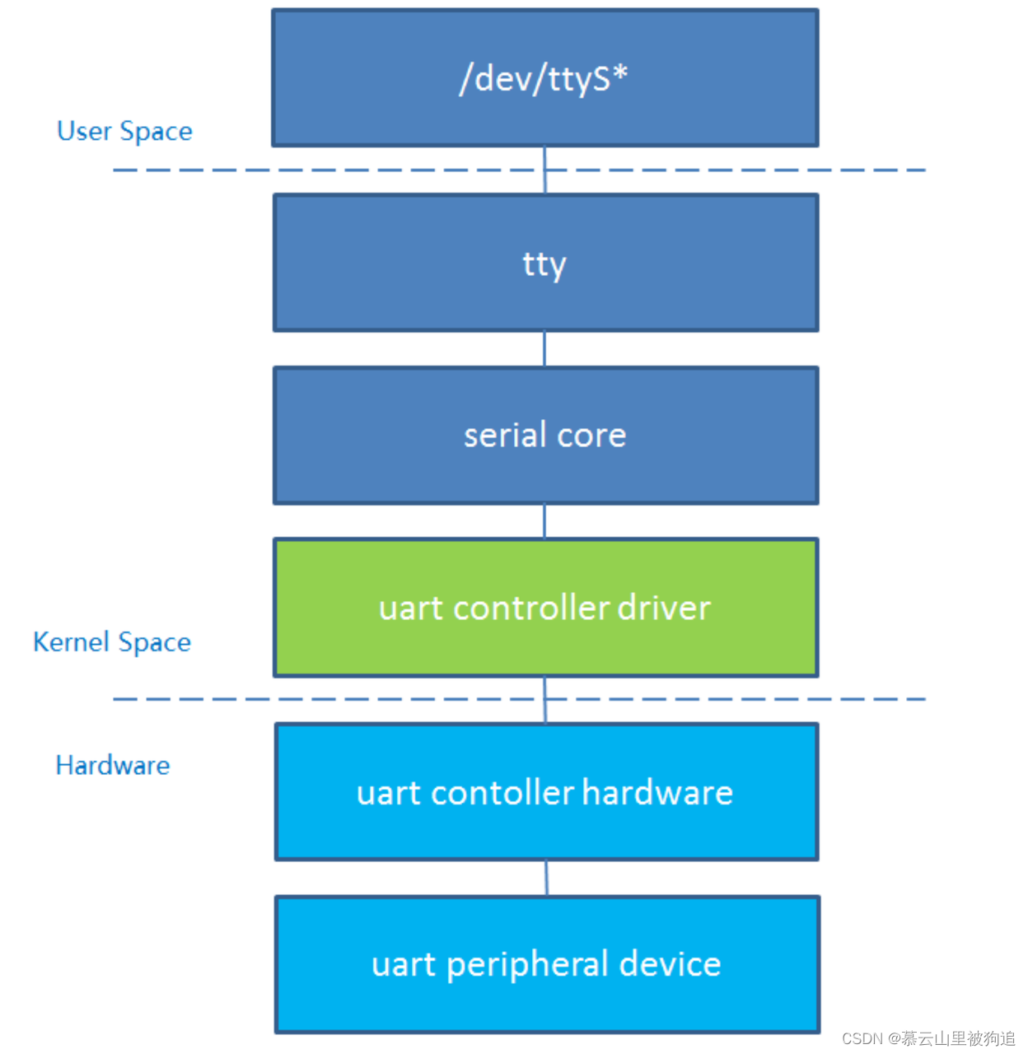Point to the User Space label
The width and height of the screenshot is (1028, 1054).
coord(124,132)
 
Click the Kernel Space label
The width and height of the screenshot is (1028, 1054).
coord(112,642)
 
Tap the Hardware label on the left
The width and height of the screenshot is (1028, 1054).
coord(113,766)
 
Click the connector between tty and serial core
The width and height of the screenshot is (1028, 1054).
coord(544,349)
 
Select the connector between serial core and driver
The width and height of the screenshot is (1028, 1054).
coord(544,521)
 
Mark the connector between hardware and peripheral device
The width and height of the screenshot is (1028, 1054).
coord(546,878)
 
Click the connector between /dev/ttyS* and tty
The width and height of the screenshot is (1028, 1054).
coord(544,170)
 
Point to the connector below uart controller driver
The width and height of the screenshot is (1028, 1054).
coord(544,700)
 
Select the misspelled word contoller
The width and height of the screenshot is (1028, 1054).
coord(502,793)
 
